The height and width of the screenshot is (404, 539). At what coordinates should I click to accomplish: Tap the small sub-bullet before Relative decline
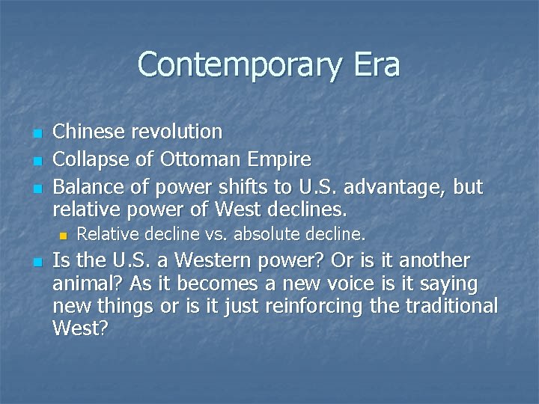click(63, 236)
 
